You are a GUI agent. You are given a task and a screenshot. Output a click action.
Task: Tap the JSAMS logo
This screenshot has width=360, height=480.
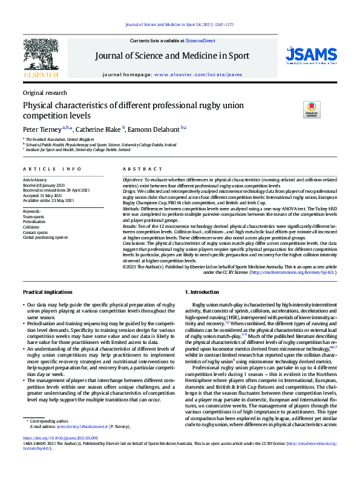(x=311, y=56)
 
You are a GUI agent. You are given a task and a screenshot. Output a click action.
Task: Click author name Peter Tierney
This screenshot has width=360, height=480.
(x=42, y=129)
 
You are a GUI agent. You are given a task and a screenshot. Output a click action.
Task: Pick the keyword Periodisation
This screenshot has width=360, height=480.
(x=34, y=221)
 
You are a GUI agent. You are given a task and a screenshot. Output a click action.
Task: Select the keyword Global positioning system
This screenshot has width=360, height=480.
(x=45, y=238)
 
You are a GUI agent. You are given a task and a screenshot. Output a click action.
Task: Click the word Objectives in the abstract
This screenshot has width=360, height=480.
(x=133, y=180)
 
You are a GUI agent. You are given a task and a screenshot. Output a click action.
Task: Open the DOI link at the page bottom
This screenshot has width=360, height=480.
(x=60, y=454)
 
